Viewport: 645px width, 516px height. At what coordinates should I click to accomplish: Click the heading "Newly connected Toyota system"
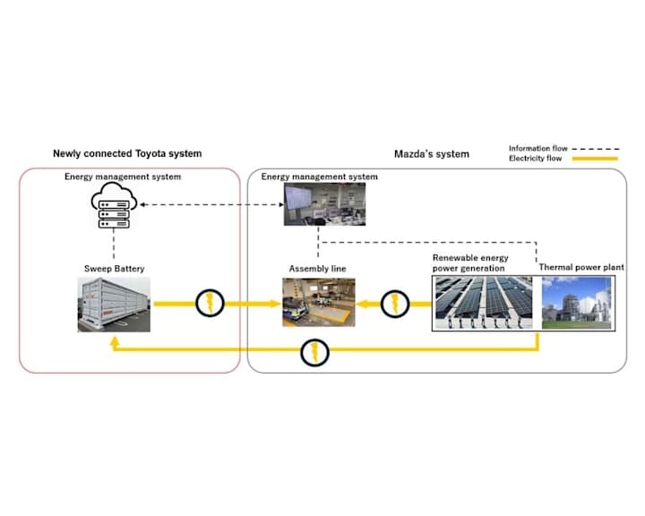(x=127, y=154)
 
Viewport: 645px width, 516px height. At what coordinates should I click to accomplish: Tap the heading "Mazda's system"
(x=432, y=154)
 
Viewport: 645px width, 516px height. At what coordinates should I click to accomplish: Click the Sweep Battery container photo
(x=114, y=305)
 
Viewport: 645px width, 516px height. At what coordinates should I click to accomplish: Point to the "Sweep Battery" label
(x=114, y=268)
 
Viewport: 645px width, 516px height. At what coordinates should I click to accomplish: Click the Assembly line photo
(x=319, y=302)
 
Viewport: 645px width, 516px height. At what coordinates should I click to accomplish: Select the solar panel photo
(x=486, y=303)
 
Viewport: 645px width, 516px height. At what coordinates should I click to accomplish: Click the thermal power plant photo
(x=575, y=303)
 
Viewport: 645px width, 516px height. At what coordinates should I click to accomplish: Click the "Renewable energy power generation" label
(x=469, y=262)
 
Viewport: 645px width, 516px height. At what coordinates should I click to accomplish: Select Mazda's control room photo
(x=319, y=205)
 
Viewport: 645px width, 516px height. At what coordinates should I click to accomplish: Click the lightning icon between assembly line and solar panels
(x=393, y=305)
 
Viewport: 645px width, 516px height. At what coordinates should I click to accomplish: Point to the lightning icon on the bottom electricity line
(x=314, y=352)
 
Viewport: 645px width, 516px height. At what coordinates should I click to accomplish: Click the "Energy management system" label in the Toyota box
(x=123, y=177)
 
